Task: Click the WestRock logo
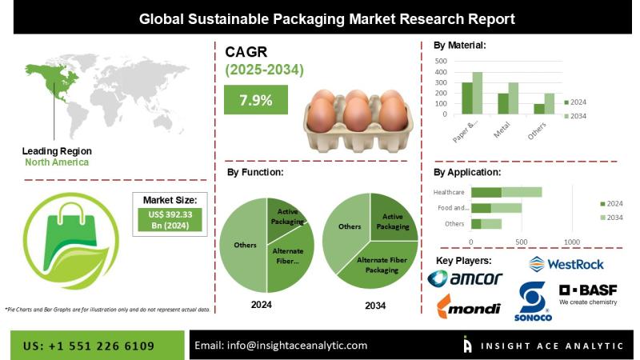point(566,263)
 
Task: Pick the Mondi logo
point(469,307)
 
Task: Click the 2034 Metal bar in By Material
point(513,98)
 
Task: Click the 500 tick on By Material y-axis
point(441,61)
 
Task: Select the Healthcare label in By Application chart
point(449,192)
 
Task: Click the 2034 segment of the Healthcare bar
point(522,192)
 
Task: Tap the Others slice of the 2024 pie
point(243,244)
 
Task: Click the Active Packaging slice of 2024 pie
point(286,215)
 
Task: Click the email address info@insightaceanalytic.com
point(281,346)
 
